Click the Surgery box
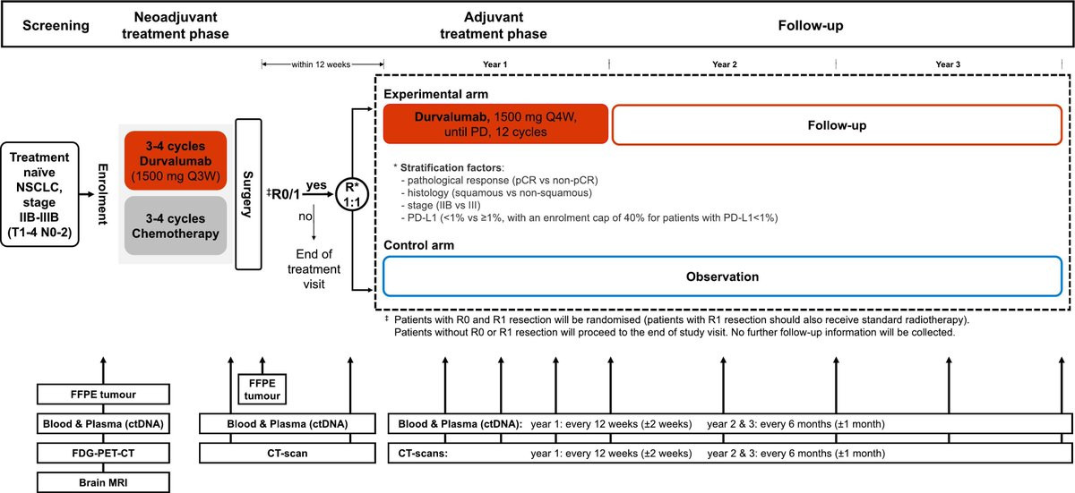[x=249, y=194]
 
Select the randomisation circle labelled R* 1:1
[x=352, y=194]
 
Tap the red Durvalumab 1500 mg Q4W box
[x=495, y=124]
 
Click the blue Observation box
[x=722, y=276]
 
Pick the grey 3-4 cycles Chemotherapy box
[x=176, y=225]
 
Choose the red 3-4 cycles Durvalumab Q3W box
[x=176, y=160]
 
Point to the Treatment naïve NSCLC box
[x=39, y=194]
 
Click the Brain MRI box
[x=103, y=482]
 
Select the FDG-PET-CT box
[x=103, y=453]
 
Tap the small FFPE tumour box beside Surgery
[x=262, y=389]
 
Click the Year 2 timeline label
[x=724, y=64]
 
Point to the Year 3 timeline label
[x=948, y=64]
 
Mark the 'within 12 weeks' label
[x=321, y=64]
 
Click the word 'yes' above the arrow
[x=316, y=185]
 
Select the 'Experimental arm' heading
[x=435, y=94]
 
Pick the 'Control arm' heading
[x=418, y=245]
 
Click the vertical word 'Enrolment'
[x=103, y=194]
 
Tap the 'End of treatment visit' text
[x=314, y=268]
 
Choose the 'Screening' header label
[x=56, y=25]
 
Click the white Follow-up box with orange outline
[x=837, y=125]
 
